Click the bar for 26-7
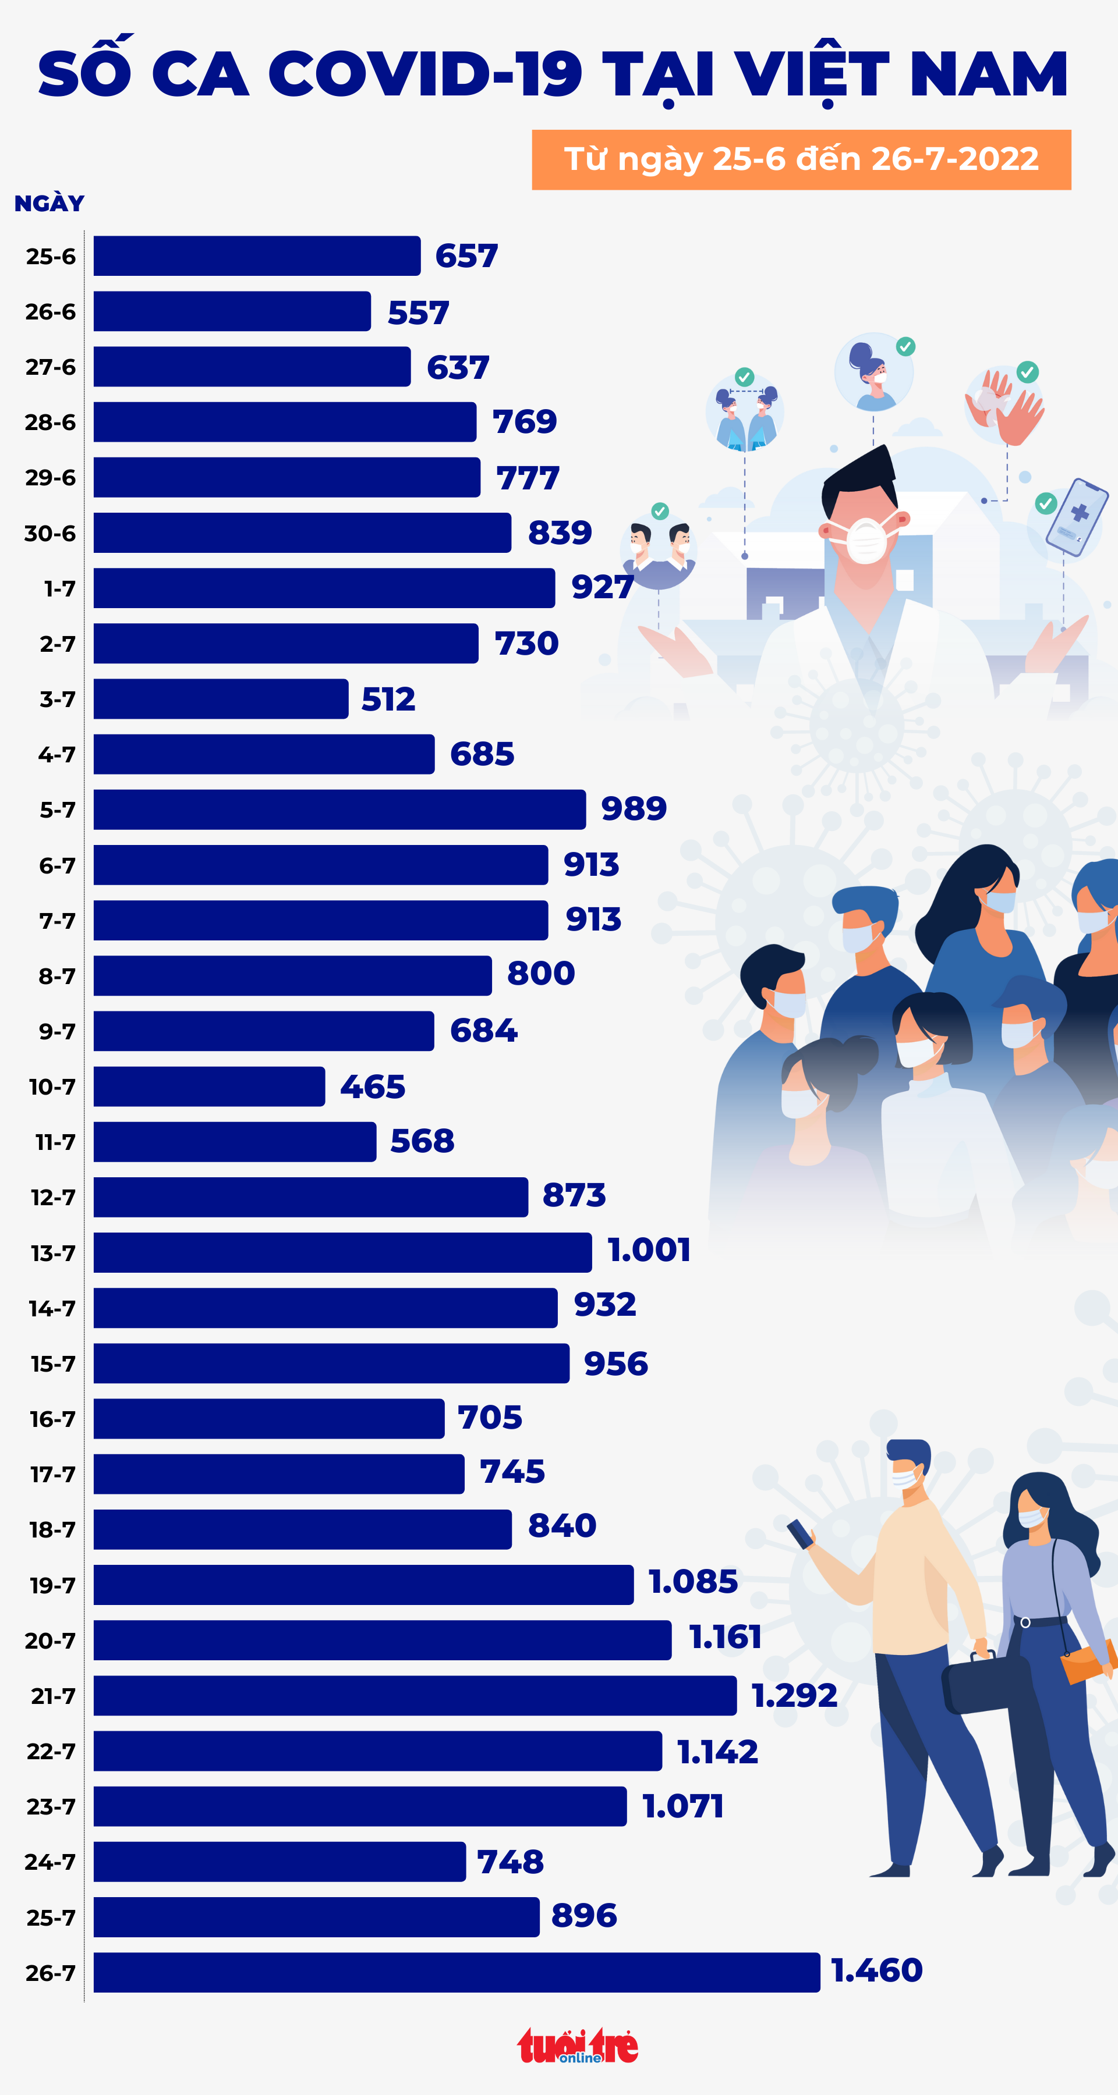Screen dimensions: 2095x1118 tap(456, 1972)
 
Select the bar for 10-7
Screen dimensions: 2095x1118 tap(209, 1086)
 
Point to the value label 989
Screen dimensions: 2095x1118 tap(633, 808)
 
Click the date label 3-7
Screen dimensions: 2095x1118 tap(57, 699)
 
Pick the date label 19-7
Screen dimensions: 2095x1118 tap(52, 1585)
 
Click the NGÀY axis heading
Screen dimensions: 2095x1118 tap(49, 203)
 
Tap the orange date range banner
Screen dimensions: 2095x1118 tap(801, 159)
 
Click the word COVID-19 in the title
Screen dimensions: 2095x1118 tap(424, 75)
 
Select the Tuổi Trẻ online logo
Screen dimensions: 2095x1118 tap(578, 2046)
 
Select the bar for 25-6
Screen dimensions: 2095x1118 tap(256, 256)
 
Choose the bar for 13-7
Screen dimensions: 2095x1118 tap(342, 1252)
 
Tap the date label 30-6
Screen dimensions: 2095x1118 tap(49, 534)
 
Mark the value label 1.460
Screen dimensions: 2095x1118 tap(876, 1970)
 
